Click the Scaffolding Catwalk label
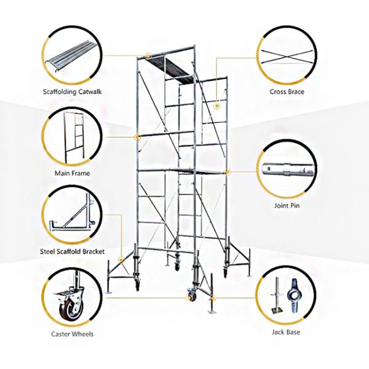point(72,92)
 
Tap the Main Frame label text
point(72,173)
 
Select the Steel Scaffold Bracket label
point(72,252)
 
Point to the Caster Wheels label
point(72,334)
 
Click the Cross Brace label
point(287,92)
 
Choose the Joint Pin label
point(287,205)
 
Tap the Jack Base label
point(286,332)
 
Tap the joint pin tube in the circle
point(288,170)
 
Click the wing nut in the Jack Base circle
point(293,295)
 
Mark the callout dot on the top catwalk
point(148,56)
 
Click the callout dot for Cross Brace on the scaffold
point(216,106)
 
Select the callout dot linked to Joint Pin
point(228,172)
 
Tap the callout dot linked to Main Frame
point(138,137)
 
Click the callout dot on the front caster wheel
point(189,298)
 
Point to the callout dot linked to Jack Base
point(213,298)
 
